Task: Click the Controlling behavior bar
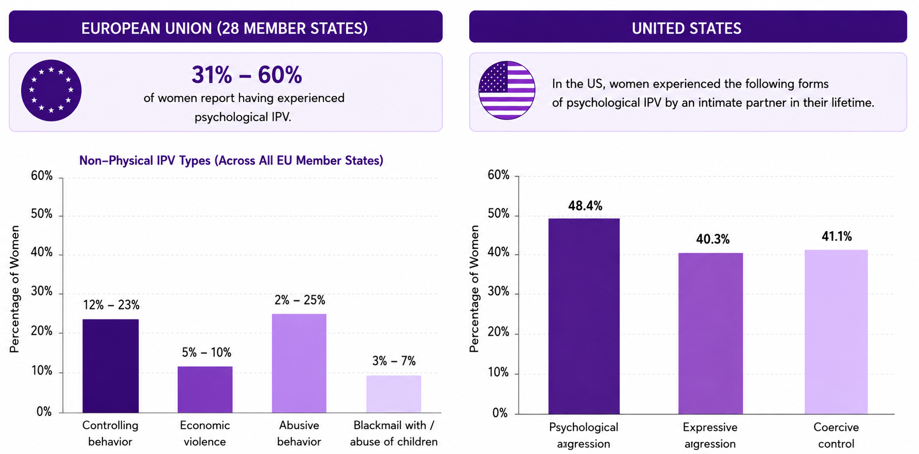pyautogui.click(x=110, y=366)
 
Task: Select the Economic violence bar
pyautogui.click(x=205, y=390)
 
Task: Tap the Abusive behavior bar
pyautogui.click(x=299, y=363)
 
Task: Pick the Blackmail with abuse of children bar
pyautogui.click(x=394, y=394)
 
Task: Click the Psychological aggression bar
pyautogui.click(x=584, y=316)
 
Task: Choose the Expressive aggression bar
pyautogui.click(x=710, y=334)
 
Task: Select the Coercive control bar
pyautogui.click(x=836, y=332)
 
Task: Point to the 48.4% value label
pyautogui.click(x=585, y=206)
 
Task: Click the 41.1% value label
pyautogui.click(x=837, y=236)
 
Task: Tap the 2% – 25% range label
pyautogui.click(x=300, y=300)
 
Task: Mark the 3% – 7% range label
pyautogui.click(x=394, y=361)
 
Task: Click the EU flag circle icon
pyautogui.click(x=51, y=91)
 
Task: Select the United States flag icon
pyautogui.click(x=507, y=91)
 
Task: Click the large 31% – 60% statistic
pyautogui.click(x=247, y=75)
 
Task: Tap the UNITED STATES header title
pyautogui.click(x=687, y=28)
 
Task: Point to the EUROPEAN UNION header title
pyautogui.click(x=225, y=28)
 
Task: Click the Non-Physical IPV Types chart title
pyautogui.click(x=231, y=161)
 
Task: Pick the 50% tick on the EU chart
pyautogui.click(x=42, y=214)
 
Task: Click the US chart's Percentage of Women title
pyautogui.click(x=474, y=289)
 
